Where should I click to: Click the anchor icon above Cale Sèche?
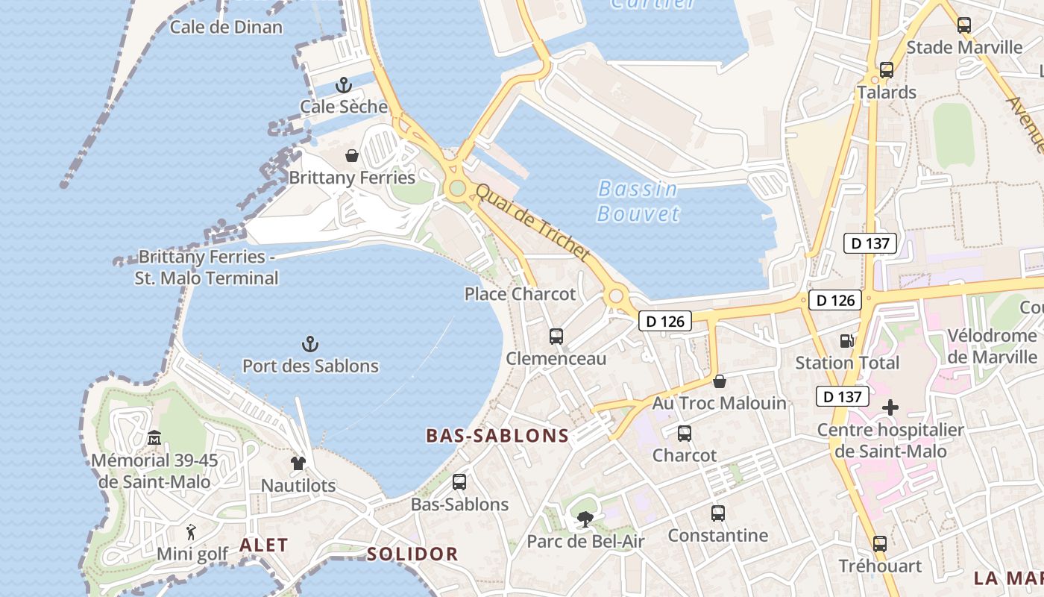[343, 85]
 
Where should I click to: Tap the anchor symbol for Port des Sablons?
[309, 344]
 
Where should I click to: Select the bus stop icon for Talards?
[886, 70]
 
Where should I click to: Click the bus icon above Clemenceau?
[556, 337]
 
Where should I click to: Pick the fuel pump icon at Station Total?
[846, 341]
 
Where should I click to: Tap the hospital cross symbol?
[890, 407]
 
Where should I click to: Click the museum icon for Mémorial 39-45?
[154, 437]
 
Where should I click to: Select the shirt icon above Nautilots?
[298, 463]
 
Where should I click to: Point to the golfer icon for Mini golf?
[192, 532]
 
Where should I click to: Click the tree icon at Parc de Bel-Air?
[585, 519]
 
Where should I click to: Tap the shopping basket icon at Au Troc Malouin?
[720, 381]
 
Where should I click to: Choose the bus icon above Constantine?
[717, 513]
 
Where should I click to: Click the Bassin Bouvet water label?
[638, 201]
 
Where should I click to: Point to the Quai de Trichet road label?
[532, 222]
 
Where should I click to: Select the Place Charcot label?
[520, 294]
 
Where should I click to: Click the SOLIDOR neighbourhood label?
[412, 554]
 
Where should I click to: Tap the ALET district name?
[263, 545]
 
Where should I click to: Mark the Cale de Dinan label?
[226, 28]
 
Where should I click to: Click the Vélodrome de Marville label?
[992, 346]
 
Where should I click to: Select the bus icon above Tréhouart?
[880, 543]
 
